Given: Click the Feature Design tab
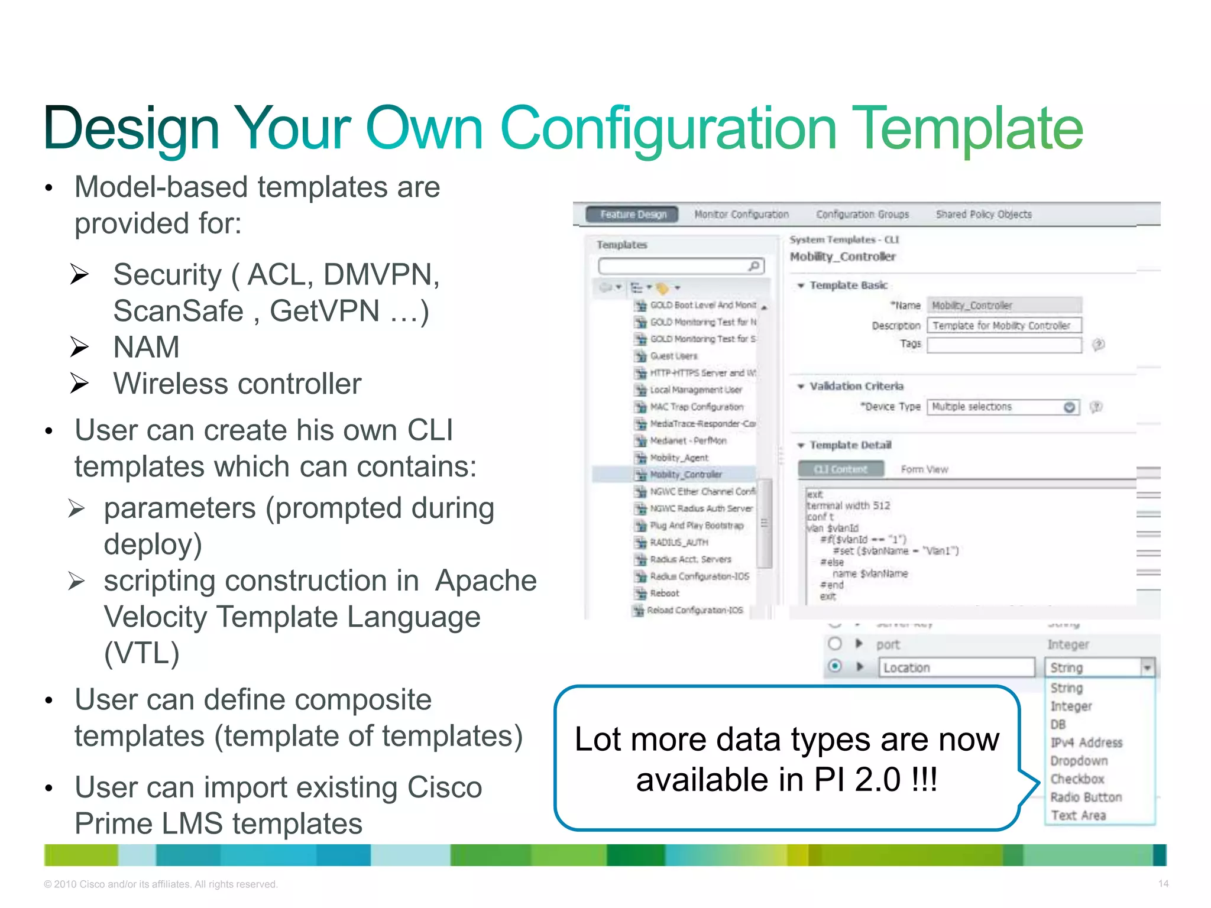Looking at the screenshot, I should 632,215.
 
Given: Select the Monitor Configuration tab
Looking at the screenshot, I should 741,215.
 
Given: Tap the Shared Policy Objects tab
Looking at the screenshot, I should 983,215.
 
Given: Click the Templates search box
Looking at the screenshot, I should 674,267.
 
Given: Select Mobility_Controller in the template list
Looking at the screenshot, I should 686,475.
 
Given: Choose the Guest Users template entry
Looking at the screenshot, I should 674,356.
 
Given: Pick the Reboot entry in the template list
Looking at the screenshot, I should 665,593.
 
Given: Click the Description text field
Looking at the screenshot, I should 1003,326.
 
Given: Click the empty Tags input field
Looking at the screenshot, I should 1003,345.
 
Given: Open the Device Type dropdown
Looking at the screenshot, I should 1069,407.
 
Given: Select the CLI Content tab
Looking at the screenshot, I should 840,469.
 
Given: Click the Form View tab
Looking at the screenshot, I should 924,469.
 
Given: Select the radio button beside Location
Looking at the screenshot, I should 835,666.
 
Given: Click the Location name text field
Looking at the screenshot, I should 956,667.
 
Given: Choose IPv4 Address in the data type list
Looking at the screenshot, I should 1086,742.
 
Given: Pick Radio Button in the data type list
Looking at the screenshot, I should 1086,797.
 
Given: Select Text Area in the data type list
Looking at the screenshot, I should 1079,816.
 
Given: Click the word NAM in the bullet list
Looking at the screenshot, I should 146,347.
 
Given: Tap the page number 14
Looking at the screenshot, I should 1163,884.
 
